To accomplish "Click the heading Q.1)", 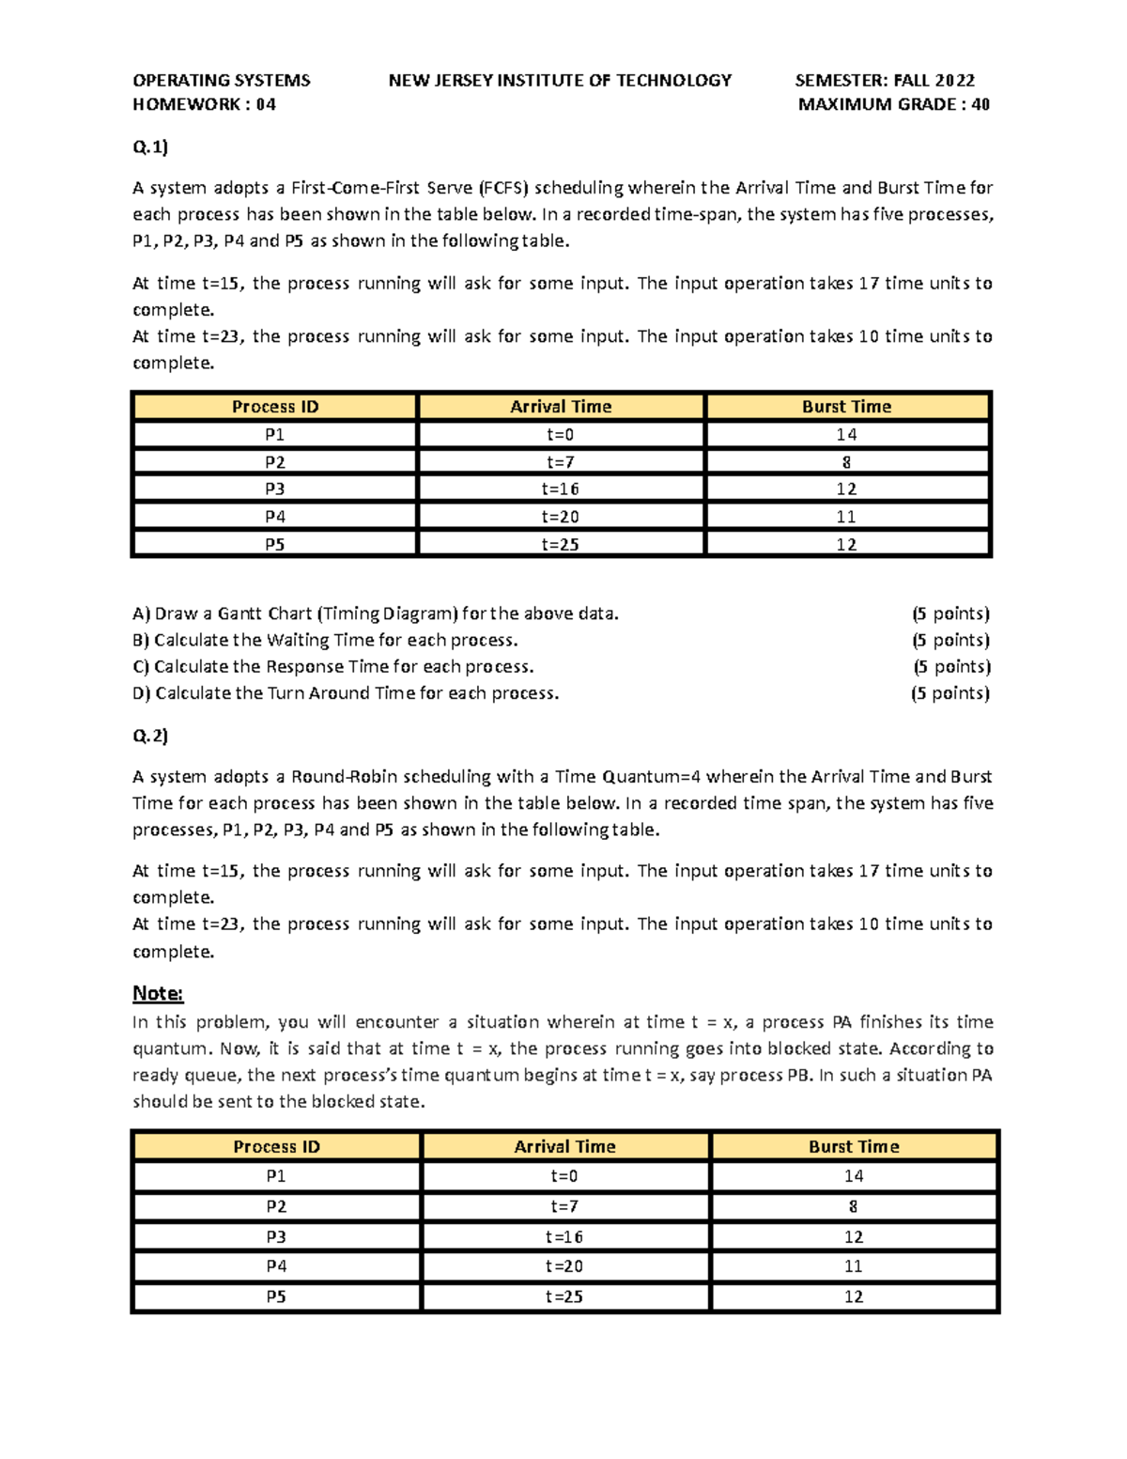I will (x=150, y=147).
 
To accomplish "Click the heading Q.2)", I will (x=150, y=736).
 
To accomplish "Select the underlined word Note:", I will (x=158, y=993).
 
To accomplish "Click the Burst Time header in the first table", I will (x=846, y=407).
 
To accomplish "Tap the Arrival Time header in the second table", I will (x=564, y=1146).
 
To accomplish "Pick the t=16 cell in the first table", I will (x=560, y=489).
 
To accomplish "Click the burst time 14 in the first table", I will (x=846, y=434).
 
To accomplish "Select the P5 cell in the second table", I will (x=276, y=1296).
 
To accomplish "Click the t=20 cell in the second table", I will (x=564, y=1266).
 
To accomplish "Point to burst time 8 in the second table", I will (x=853, y=1206).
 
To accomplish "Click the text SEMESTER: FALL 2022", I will (x=885, y=81).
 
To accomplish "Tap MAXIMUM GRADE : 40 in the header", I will (x=893, y=104).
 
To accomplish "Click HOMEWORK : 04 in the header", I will (x=204, y=104).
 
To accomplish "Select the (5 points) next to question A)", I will (x=950, y=613).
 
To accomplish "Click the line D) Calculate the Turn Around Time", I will (x=346, y=693).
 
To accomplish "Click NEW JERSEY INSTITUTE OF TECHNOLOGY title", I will (x=560, y=81).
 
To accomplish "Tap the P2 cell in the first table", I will (x=274, y=462).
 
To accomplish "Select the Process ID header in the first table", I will (x=275, y=407).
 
